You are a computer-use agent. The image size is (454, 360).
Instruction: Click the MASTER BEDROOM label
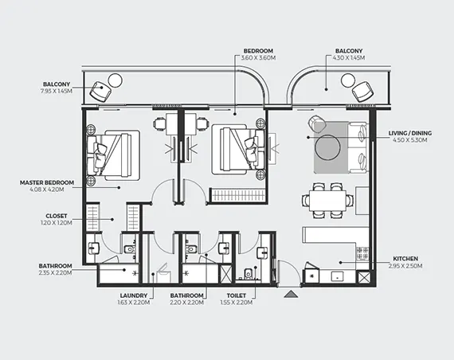tap(47, 182)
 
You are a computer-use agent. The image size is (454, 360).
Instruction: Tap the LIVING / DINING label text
tap(409, 133)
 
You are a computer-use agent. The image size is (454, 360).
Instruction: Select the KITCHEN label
tap(405, 259)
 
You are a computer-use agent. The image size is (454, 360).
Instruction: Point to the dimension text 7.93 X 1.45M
tap(57, 91)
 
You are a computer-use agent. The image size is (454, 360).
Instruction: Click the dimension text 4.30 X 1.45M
tap(349, 57)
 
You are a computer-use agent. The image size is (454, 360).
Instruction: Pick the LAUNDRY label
tap(134, 295)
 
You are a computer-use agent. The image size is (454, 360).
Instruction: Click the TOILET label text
tap(237, 295)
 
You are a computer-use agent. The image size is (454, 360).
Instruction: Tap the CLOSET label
tap(57, 216)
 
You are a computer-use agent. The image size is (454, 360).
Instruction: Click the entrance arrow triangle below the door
tap(291, 295)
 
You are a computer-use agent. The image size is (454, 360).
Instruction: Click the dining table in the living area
tap(328, 201)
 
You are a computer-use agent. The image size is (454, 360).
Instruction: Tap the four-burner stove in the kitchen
tap(362, 253)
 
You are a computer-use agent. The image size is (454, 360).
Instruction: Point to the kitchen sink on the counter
tap(338, 276)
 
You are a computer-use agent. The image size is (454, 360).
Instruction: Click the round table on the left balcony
tap(115, 80)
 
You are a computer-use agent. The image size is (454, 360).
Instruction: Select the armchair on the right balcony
tap(362, 92)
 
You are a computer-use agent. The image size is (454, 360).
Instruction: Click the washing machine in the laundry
tap(163, 273)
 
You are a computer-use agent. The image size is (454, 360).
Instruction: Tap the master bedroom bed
tap(114, 155)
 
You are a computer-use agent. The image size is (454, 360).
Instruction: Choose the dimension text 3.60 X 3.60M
tap(258, 57)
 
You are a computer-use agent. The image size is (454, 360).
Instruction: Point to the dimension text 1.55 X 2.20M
tap(237, 303)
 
